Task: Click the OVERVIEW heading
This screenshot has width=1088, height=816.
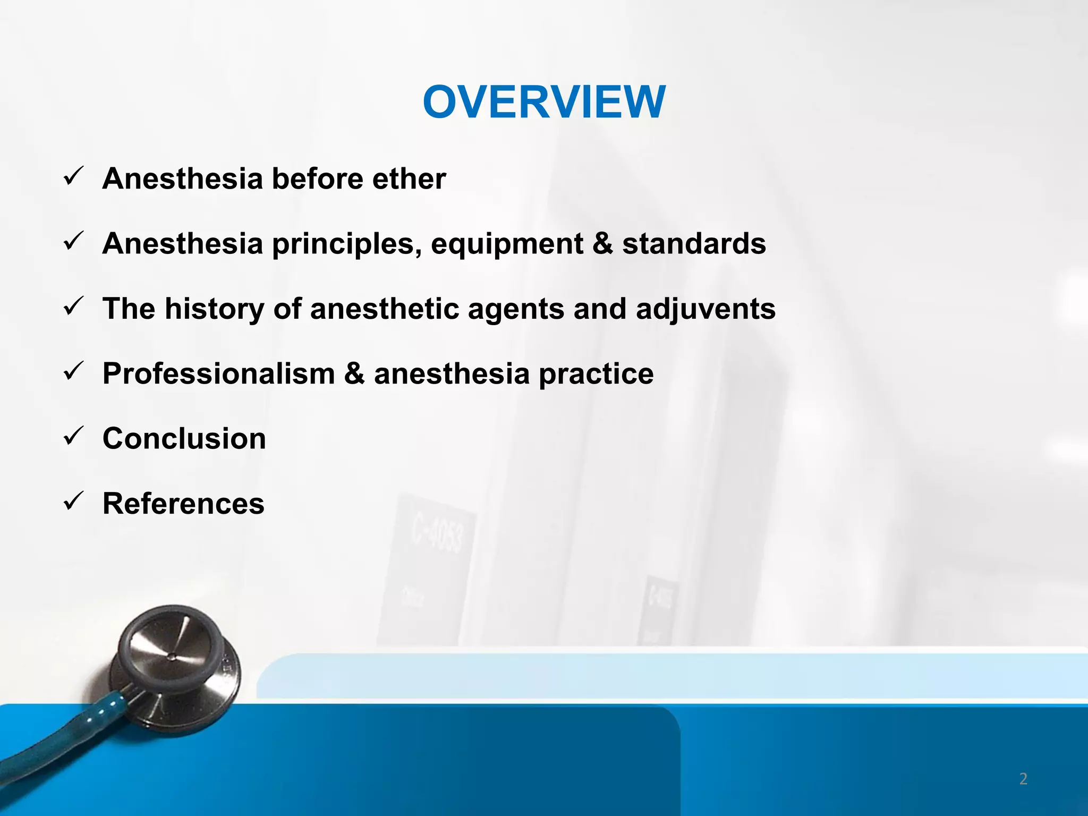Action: pyautogui.click(x=543, y=102)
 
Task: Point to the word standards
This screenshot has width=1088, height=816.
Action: pyautogui.click(x=694, y=244)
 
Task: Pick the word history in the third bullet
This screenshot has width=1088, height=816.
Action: pyautogui.click(x=214, y=309)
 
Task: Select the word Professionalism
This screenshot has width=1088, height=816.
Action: pyautogui.click(x=218, y=373)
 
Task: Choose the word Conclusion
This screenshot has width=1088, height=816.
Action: pyautogui.click(x=184, y=439)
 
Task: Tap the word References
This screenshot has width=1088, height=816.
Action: pyautogui.click(x=183, y=504)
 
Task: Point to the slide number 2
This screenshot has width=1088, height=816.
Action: pyautogui.click(x=1023, y=779)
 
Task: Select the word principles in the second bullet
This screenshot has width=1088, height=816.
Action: pyautogui.click(x=346, y=244)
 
